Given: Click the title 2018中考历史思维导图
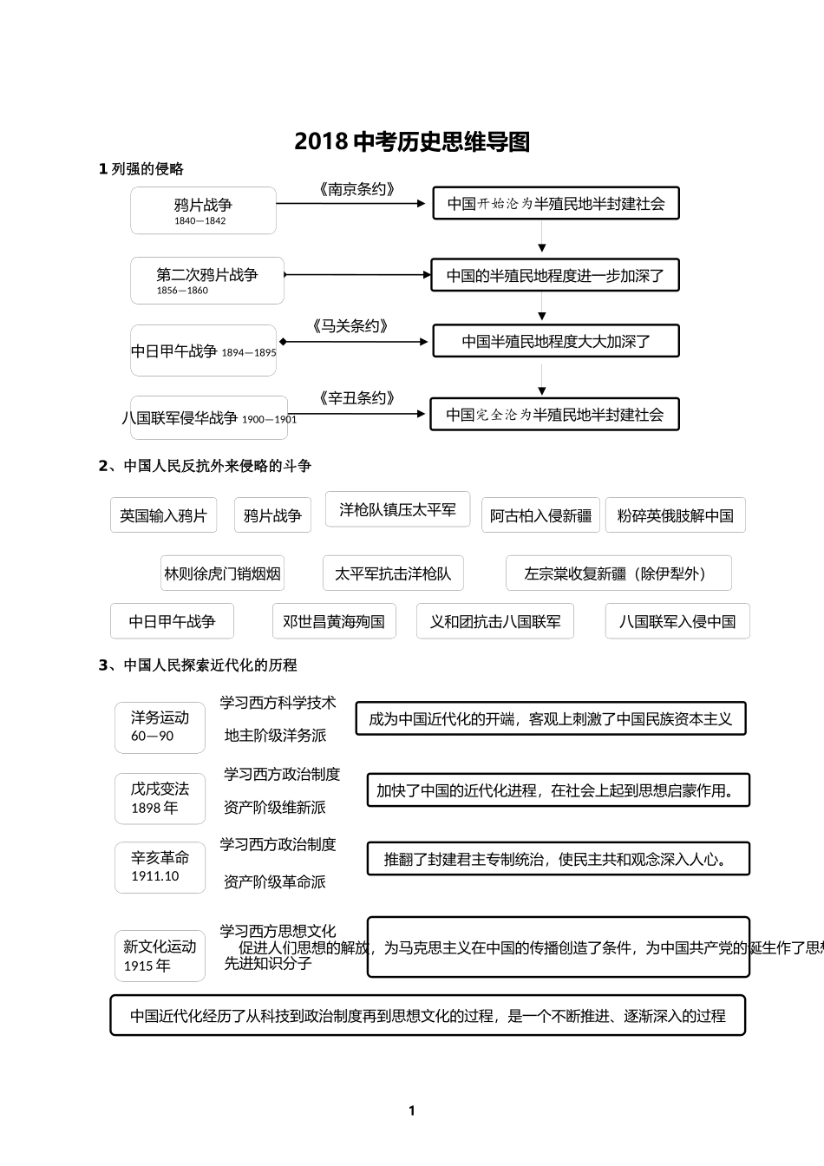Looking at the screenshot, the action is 412,141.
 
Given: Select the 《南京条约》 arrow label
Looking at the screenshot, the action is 356,189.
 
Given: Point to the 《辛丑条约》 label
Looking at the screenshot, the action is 356,398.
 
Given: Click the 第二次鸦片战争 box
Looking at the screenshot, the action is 207,280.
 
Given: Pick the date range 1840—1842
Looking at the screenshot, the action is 199,221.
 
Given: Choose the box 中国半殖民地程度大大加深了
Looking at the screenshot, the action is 556,342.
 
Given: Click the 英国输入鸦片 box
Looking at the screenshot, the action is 163,516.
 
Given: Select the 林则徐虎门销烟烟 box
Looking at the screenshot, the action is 222,573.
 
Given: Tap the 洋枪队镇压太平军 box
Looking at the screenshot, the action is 397,510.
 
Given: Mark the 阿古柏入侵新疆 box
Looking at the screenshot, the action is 540,516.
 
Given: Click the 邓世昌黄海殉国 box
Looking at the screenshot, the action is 334,622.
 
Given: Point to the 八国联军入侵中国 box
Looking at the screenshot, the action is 677,622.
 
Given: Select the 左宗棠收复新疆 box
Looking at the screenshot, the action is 618,573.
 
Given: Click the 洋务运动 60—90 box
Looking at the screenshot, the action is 160,727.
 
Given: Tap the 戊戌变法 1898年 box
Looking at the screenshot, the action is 160,798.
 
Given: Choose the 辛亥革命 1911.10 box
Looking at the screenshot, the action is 160,867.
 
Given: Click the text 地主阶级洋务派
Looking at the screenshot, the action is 275,736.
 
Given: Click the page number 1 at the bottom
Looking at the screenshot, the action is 412,1110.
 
